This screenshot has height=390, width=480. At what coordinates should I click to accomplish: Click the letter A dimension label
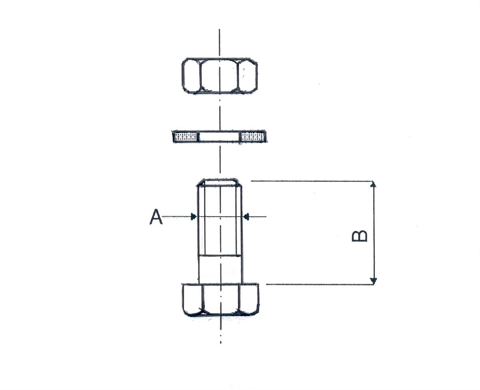[156, 217]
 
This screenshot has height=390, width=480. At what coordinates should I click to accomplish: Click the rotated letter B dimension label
[359, 236]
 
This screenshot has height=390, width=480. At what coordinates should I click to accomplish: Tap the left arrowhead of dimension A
[194, 217]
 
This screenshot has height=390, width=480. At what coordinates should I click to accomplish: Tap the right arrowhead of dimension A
[246, 217]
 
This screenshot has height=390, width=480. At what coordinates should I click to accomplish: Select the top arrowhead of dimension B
[374, 184]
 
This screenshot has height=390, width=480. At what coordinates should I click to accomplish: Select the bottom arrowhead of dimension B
[374, 281]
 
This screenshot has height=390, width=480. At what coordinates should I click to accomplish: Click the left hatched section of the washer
[186, 137]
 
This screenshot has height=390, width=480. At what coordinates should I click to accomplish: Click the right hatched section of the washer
[253, 137]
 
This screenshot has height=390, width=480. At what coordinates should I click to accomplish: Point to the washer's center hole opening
[220, 137]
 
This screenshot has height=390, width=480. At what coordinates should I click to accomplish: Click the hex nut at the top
[220, 76]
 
